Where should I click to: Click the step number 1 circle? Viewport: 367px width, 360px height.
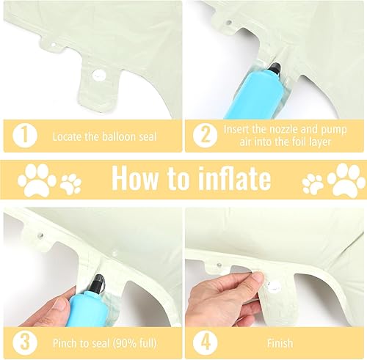pos(25,136)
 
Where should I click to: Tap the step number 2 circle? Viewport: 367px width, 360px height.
pos(205,136)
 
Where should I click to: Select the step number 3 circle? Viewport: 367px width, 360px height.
pos(25,342)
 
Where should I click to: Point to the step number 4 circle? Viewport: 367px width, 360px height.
pos(205,342)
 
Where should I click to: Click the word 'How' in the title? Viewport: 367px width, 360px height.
pos(135,178)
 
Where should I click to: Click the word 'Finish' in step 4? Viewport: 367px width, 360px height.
pos(280,343)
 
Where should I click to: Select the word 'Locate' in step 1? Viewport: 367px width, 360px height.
pos(68,136)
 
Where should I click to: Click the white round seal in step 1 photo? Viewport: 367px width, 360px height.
pos(99,75)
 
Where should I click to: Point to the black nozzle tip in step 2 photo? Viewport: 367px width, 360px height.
pos(275,68)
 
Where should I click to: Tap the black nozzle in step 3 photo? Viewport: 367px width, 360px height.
pos(98,284)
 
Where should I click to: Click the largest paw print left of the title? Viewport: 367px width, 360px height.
pos(37,180)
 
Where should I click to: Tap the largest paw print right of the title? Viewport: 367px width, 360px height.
pos(346,180)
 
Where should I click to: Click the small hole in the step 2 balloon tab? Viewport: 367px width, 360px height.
pos(229,23)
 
